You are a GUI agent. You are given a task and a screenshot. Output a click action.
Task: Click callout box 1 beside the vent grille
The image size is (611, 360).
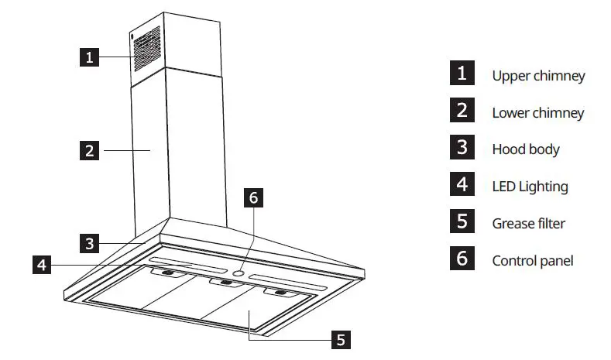[90, 57]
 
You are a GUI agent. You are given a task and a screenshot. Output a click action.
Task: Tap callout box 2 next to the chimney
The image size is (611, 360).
[90, 150]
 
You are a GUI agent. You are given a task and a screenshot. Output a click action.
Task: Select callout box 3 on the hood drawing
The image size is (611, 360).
[90, 243]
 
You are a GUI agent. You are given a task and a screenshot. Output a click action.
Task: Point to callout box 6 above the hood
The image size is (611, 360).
[252, 197]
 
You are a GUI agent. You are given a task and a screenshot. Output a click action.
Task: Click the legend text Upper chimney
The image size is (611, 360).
[538, 76]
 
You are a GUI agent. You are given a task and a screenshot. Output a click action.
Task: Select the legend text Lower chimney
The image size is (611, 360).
[538, 113]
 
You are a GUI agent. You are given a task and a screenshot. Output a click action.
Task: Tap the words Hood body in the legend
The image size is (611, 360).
[526, 149]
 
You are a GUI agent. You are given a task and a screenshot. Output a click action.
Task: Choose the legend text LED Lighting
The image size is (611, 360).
[530, 187]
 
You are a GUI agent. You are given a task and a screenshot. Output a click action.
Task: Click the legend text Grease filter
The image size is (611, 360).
[528, 224]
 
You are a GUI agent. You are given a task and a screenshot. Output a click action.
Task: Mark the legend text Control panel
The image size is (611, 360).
[533, 261]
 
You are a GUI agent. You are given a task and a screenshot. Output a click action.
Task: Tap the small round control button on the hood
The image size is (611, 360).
[239, 273]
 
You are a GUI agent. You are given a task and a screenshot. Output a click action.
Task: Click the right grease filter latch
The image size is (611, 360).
[277, 293]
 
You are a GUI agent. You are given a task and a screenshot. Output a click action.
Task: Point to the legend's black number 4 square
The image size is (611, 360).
[462, 185]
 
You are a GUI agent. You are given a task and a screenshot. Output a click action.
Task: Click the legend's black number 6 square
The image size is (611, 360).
[462, 259]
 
